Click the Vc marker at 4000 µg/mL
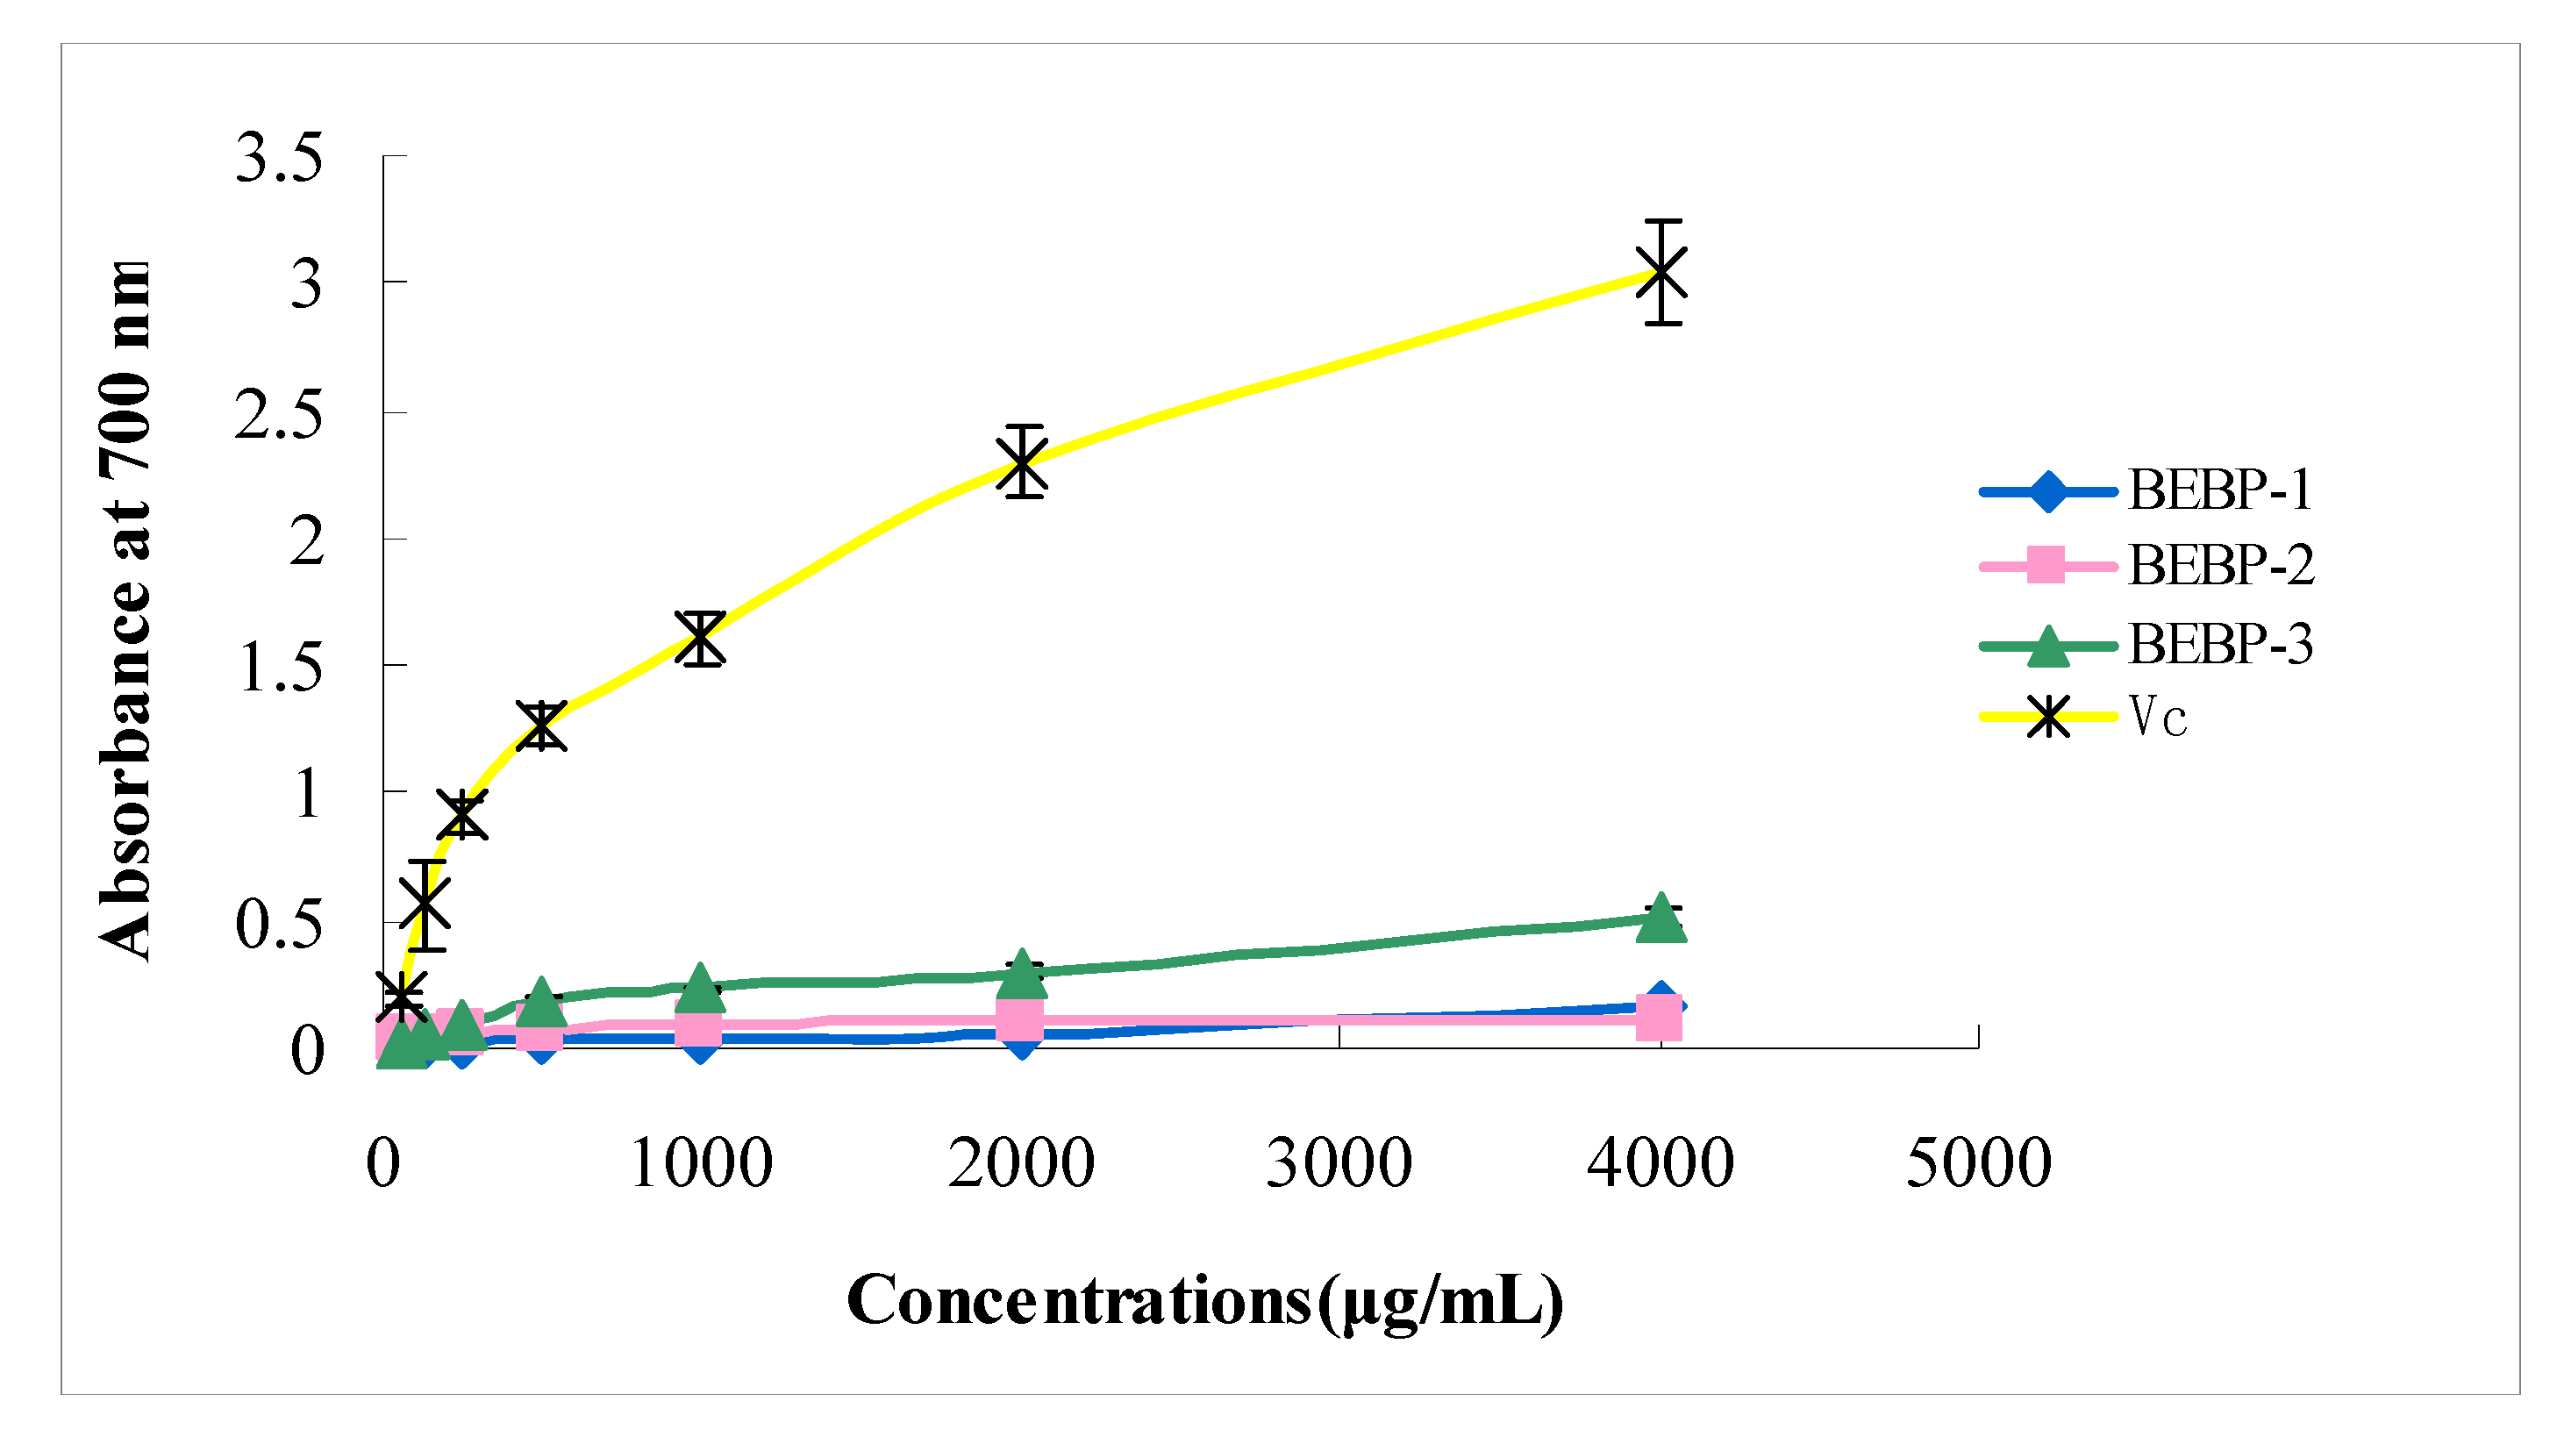click(x=1661, y=272)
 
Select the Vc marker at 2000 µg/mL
click(x=1023, y=461)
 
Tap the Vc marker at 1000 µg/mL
click(x=701, y=638)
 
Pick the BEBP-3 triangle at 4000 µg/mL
click(x=1661, y=918)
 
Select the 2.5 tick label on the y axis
click(x=279, y=415)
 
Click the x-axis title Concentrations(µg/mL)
click(x=1204, y=1302)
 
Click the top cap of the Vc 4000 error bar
click(x=1662, y=221)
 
